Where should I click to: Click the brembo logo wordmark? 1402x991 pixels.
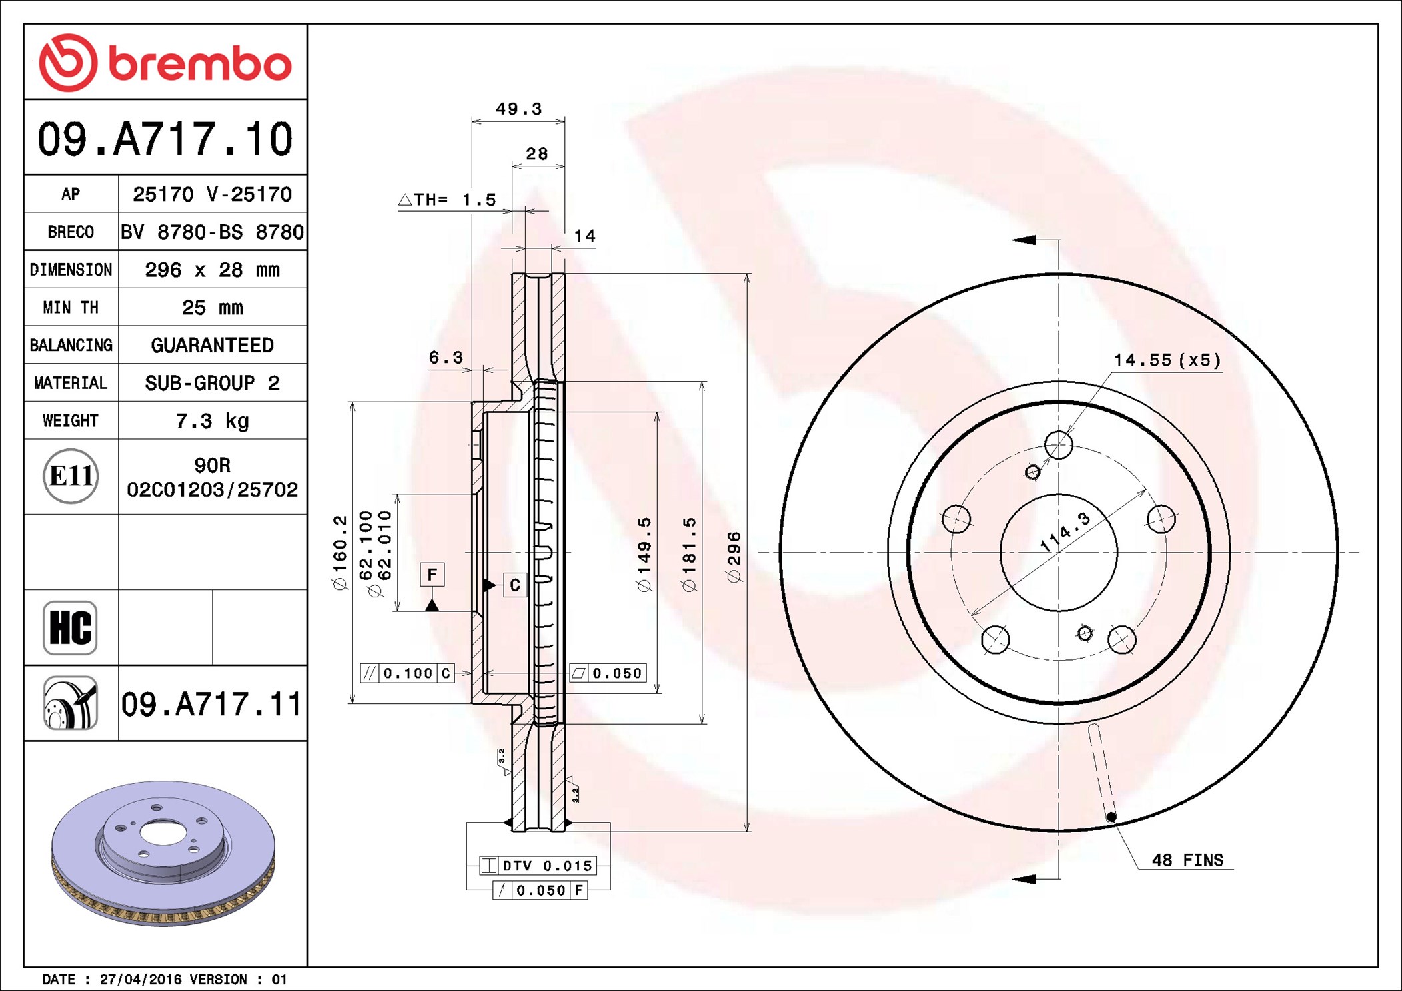(x=199, y=64)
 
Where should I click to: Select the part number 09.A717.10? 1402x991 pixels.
(x=165, y=139)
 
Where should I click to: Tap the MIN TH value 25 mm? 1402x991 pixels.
(x=212, y=308)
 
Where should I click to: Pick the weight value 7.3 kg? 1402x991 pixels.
(x=212, y=421)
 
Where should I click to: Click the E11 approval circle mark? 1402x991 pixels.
(x=71, y=476)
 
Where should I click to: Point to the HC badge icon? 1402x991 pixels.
(x=70, y=627)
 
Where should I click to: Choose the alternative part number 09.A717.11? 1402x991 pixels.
(x=211, y=704)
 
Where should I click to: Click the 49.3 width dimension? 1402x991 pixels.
(x=519, y=109)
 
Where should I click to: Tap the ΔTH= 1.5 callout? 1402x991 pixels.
(x=447, y=200)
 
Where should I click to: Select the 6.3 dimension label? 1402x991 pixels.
(x=446, y=358)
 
